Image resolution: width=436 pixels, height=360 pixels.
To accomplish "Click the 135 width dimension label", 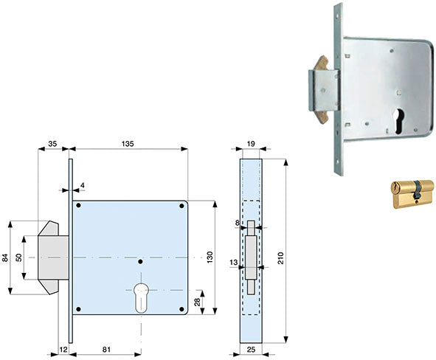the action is pyautogui.click(x=128, y=144).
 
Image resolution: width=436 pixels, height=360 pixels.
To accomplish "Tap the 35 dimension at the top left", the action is pyautogui.click(x=52, y=144).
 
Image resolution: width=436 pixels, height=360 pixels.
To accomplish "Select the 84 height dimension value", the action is pyautogui.click(x=4, y=257).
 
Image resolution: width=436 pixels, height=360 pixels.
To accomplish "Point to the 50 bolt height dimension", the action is pyautogui.click(x=18, y=257).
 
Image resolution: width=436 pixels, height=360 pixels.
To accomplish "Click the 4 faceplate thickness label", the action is pyautogui.click(x=83, y=185).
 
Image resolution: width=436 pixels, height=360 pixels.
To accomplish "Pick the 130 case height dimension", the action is pyautogui.click(x=210, y=257).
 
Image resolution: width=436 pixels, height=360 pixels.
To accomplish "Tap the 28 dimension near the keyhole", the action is pyautogui.click(x=198, y=302).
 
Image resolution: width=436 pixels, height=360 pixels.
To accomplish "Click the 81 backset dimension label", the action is pyautogui.click(x=106, y=350).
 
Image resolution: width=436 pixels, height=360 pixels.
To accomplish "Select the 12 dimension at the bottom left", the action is pyautogui.click(x=63, y=350).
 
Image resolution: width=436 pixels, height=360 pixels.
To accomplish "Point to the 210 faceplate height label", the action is pyautogui.click(x=280, y=257).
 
